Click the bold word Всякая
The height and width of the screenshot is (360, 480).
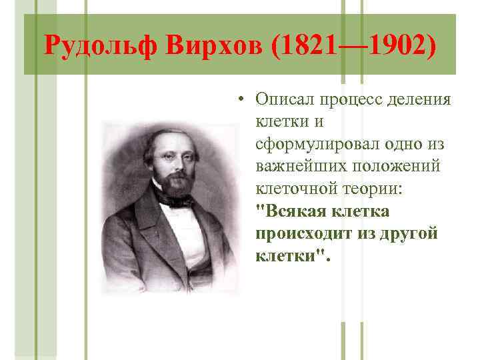[x=290, y=211]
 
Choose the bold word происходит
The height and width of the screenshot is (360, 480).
[x=298, y=234]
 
